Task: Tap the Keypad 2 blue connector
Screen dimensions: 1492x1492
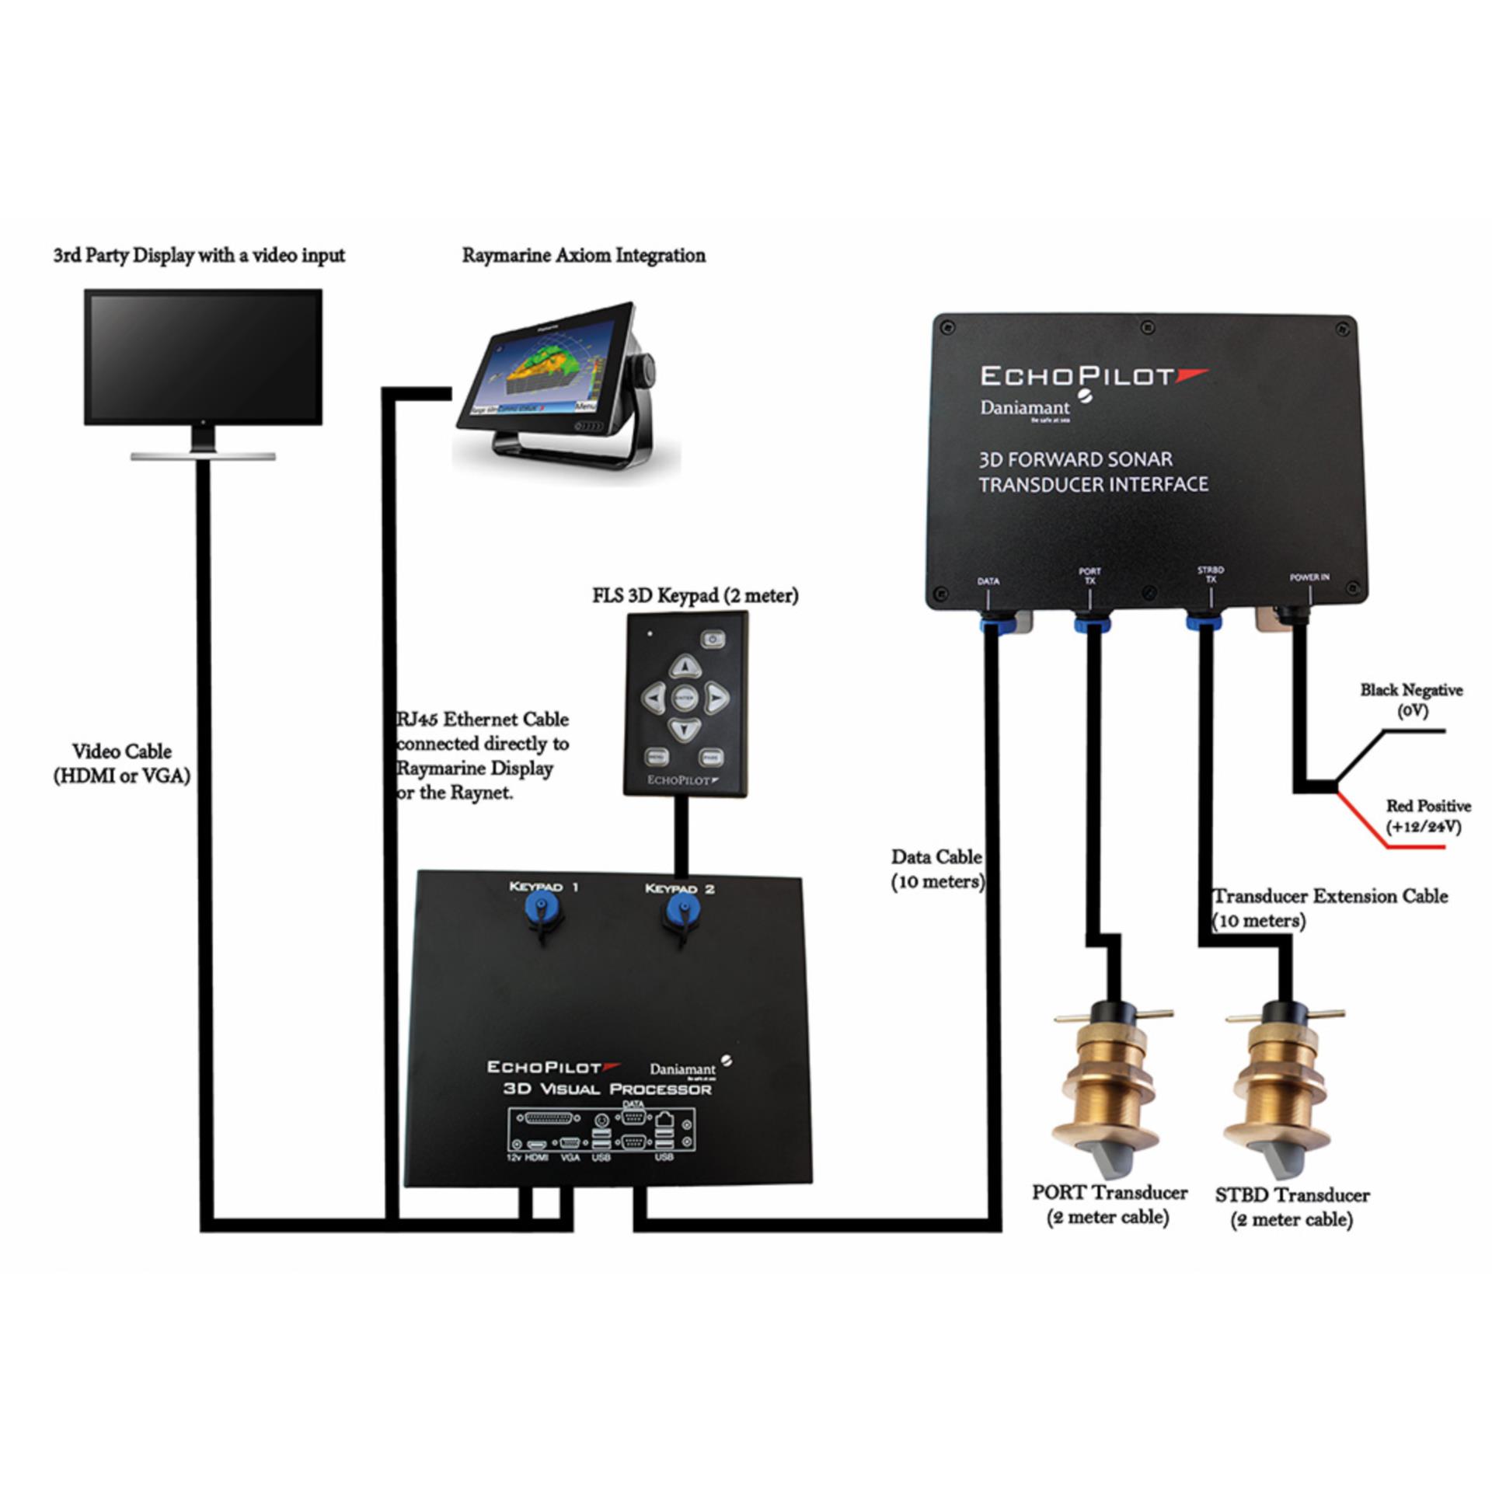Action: pos(680,909)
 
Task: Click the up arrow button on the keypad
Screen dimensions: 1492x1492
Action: pos(685,665)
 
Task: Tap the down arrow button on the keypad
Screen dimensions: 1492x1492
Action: pos(685,730)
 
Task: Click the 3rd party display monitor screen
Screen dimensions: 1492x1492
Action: pos(203,356)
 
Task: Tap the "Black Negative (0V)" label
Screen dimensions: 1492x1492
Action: pos(1411,699)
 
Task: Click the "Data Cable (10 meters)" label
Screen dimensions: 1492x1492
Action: pos(937,869)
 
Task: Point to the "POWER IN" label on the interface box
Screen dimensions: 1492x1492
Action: pos(1309,577)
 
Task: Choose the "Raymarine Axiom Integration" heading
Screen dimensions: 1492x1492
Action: pos(584,256)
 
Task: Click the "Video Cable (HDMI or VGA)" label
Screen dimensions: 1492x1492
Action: pos(122,763)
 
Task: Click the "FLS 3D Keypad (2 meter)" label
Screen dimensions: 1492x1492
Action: pos(695,596)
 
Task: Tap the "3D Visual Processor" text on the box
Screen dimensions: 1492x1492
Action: pos(607,1089)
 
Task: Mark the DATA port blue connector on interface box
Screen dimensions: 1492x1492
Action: pos(989,622)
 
